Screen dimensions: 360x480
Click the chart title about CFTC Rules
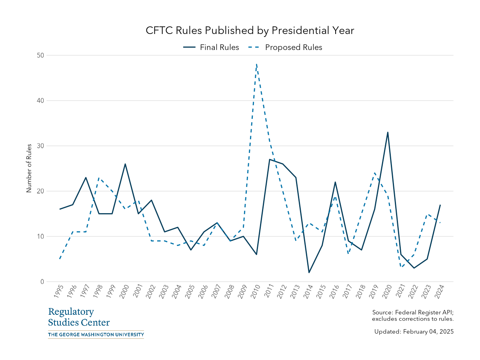tap(250, 31)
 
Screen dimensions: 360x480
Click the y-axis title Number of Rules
tap(29, 168)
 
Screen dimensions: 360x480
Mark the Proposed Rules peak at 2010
tap(256, 64)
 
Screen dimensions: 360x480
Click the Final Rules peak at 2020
tap(388, 132)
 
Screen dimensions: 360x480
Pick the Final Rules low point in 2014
tap(309, 272)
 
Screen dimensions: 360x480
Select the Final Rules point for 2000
tap(125, 164)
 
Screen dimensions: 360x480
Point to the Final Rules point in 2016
tap(335, 182)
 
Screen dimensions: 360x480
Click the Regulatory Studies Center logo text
tap(79, 317)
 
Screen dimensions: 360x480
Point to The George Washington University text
tap(96, 334)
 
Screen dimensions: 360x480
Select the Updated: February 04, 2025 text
tap(414, 332)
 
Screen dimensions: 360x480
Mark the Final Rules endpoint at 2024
tap(440, 205)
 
